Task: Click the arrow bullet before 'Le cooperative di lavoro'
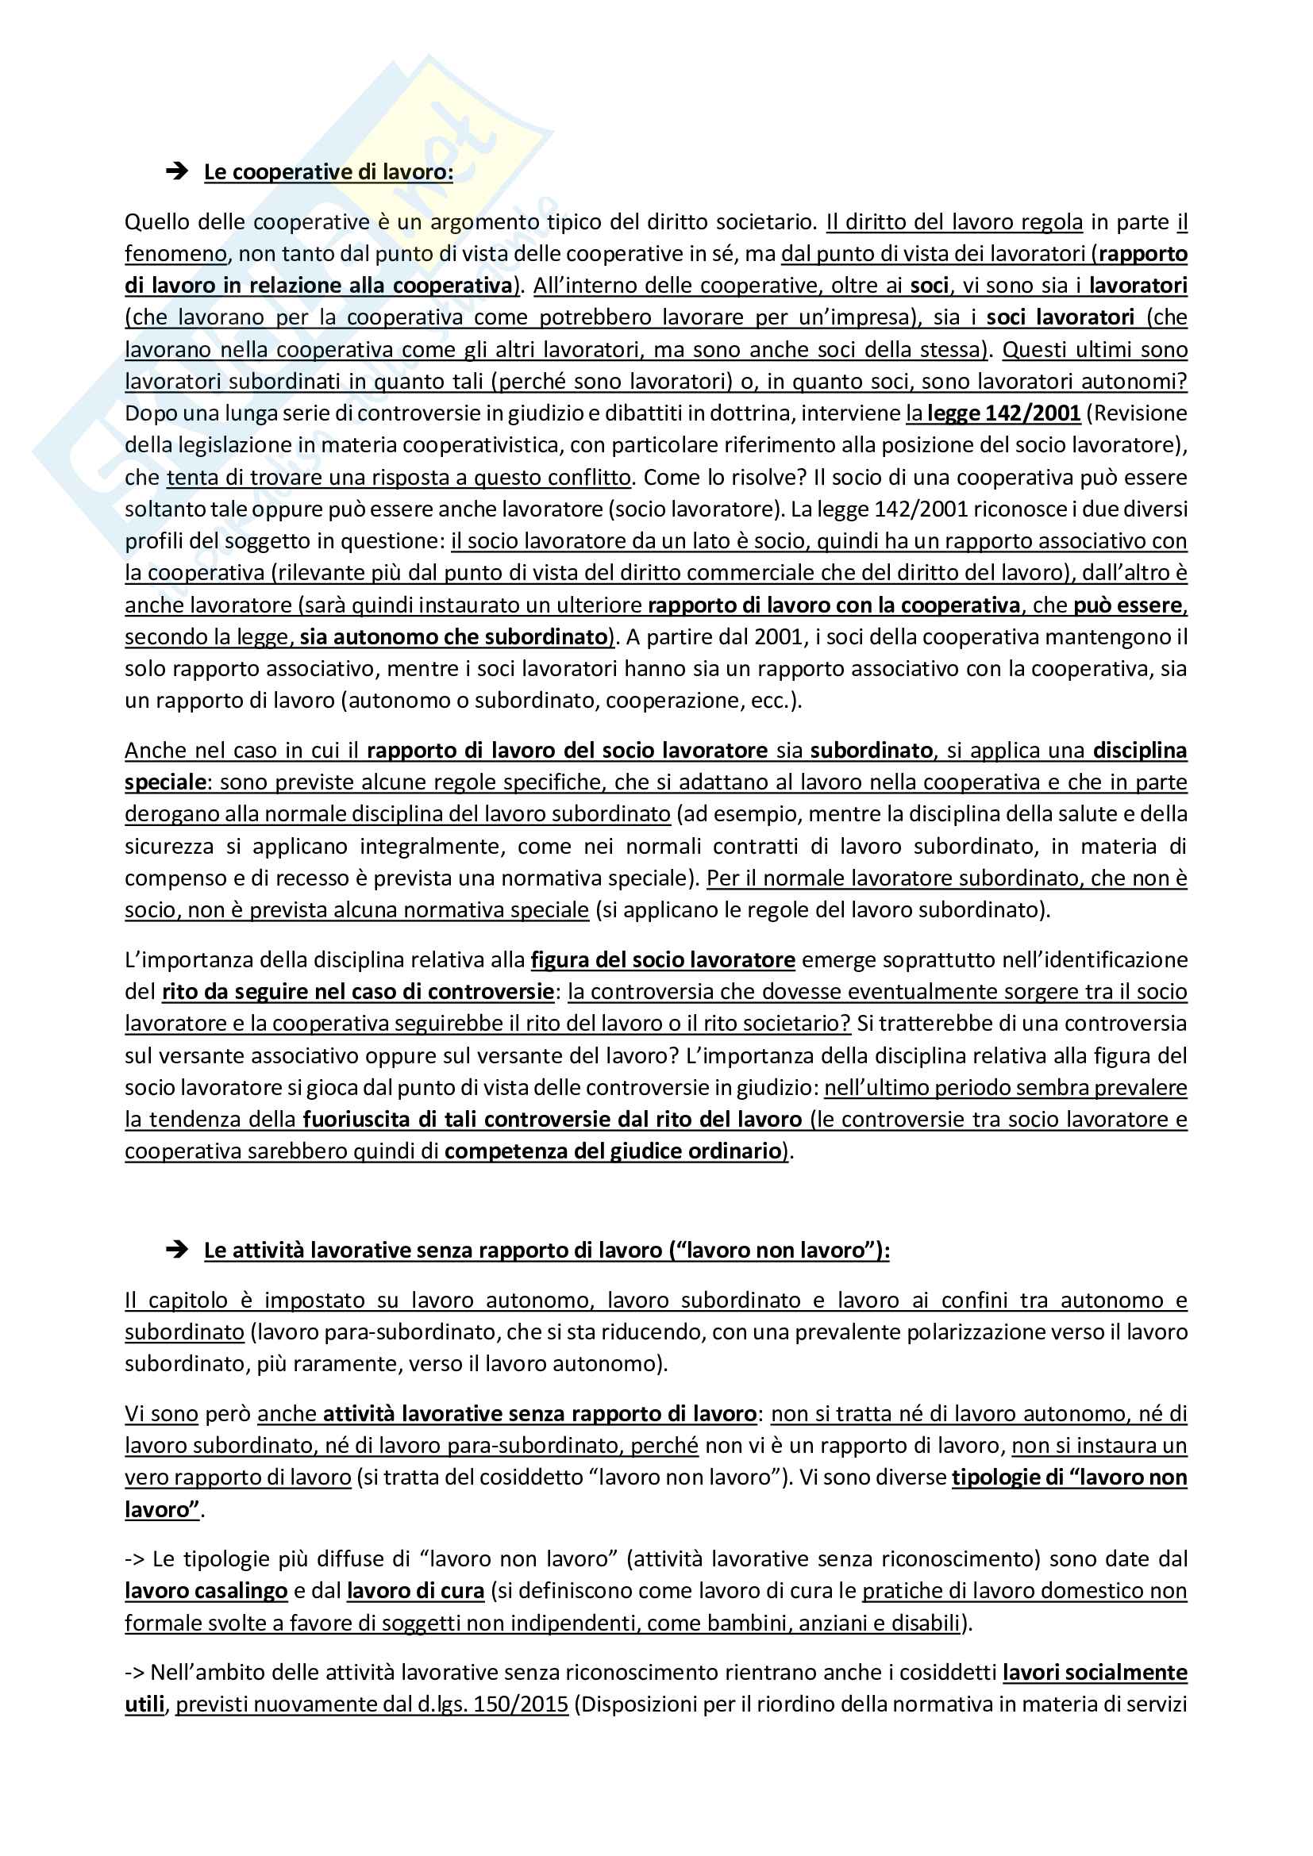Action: pyautogui.click(x=176, y=171)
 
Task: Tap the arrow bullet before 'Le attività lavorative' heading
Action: pyautogui.click(x=176, y=1250)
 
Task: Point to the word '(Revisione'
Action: pyautogui.click(x=1137, y=413)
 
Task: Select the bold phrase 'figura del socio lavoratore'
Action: pyautogui.click(x=663, y=959)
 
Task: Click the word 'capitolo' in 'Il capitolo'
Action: pyautogui.click(x=188, y=1300)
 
